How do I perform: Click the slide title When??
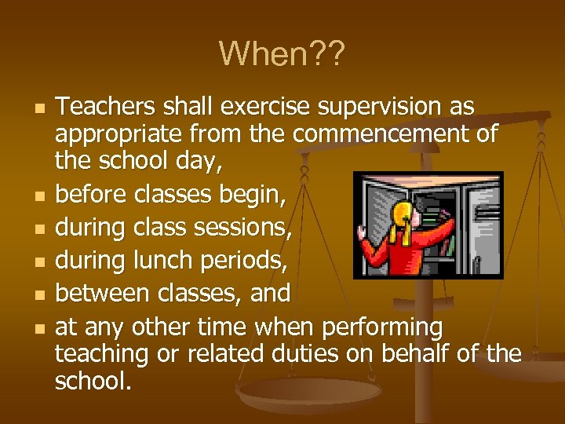coord(282,53)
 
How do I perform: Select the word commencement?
coord(385,134)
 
